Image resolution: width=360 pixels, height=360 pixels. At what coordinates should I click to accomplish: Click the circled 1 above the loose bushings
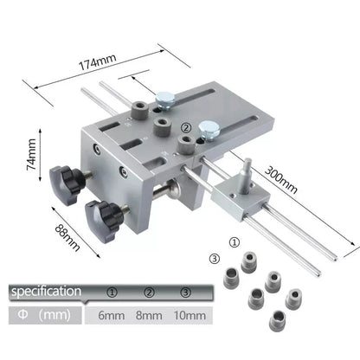pyautogui.click(x=234, y=243)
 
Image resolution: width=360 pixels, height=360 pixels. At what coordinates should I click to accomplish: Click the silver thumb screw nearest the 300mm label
pyautogui.click(x=208, y=132)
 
